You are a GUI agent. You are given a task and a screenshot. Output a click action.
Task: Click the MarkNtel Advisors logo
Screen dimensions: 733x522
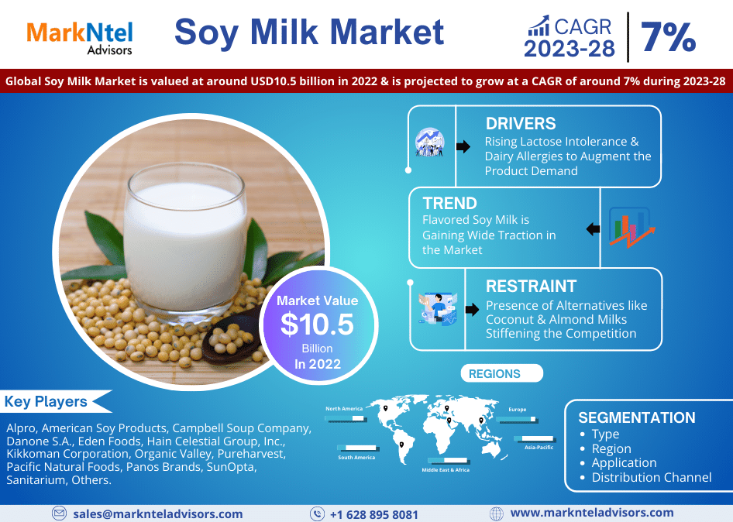(x=80, y=38)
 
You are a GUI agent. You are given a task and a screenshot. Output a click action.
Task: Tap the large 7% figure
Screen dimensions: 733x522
(x=668, y=37)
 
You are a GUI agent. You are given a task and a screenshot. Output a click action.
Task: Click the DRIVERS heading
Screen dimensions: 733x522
(x=521, y=123)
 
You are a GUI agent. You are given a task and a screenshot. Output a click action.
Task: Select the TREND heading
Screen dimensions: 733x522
(x=449, y=203)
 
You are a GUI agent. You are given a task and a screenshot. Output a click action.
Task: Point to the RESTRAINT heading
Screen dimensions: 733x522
(x=531, y=286)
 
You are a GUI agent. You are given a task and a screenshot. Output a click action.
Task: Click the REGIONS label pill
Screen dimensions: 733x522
(x=501, y=373)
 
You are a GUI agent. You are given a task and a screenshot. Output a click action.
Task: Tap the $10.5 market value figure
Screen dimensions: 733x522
(x=317, y=324)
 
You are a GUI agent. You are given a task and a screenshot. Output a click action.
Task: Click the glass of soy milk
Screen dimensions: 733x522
(x=185, y=242)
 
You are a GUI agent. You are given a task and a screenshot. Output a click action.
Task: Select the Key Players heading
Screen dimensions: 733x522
(x=46, y=401)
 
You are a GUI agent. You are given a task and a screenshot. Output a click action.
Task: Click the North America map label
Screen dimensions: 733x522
(x=344, y=408)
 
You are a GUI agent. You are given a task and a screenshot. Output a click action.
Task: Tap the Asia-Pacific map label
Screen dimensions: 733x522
(x=539, y=447)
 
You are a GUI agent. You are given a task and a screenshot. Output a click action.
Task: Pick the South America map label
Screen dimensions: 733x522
(x=356, y=458)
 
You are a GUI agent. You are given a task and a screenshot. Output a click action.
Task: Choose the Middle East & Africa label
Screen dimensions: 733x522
(x=446, y=469)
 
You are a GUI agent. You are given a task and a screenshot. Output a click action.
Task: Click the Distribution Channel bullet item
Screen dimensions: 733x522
(x=651, y=477)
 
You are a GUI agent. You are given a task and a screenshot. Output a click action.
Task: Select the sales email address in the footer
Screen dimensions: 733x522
(x=158, y=514)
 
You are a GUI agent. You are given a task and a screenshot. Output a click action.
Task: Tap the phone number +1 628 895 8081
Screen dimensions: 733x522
(x=374, y=514)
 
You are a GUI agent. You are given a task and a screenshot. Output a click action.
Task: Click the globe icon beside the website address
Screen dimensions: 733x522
(x=496, y=513)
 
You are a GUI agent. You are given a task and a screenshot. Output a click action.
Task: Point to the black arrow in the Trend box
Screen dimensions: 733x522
(x=594, y=229)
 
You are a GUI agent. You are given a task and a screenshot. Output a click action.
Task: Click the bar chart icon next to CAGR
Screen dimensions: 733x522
(x=539, y=26)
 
